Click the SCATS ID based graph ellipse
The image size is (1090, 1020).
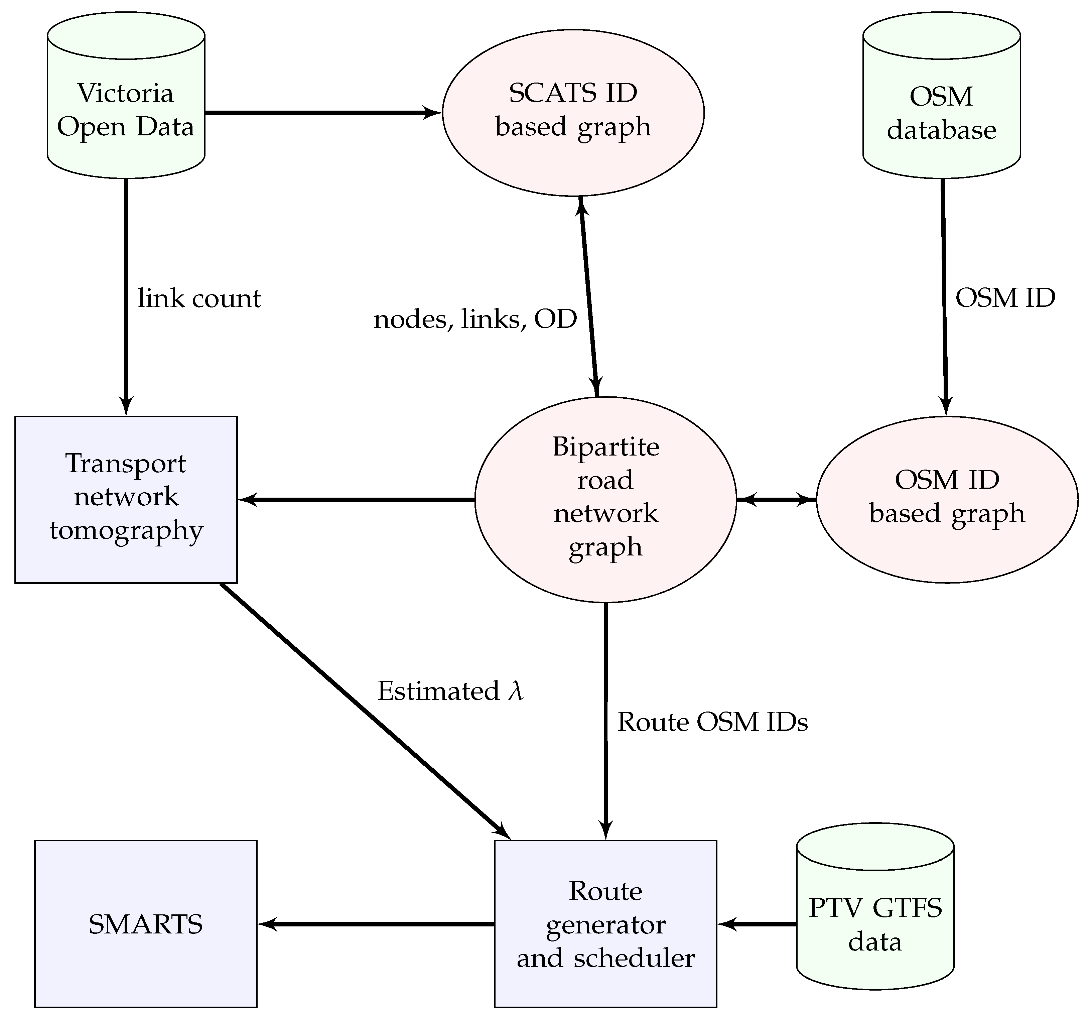tap(573, 112)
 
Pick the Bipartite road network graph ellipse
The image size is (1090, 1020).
tap(605, 499)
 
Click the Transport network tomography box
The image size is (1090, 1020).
tap(126, 499)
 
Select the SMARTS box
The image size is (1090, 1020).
tap(145, 924)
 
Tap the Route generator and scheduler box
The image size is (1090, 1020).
tap(605, 924)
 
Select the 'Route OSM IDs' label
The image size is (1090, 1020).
tap(712, 722)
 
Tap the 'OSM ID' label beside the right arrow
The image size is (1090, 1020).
tap(1005, 299)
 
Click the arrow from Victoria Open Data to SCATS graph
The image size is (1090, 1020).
tap(323, 113)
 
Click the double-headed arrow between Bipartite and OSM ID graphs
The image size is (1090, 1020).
tap(776, 500)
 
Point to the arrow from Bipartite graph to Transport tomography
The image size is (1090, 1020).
tap(357, 500)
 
